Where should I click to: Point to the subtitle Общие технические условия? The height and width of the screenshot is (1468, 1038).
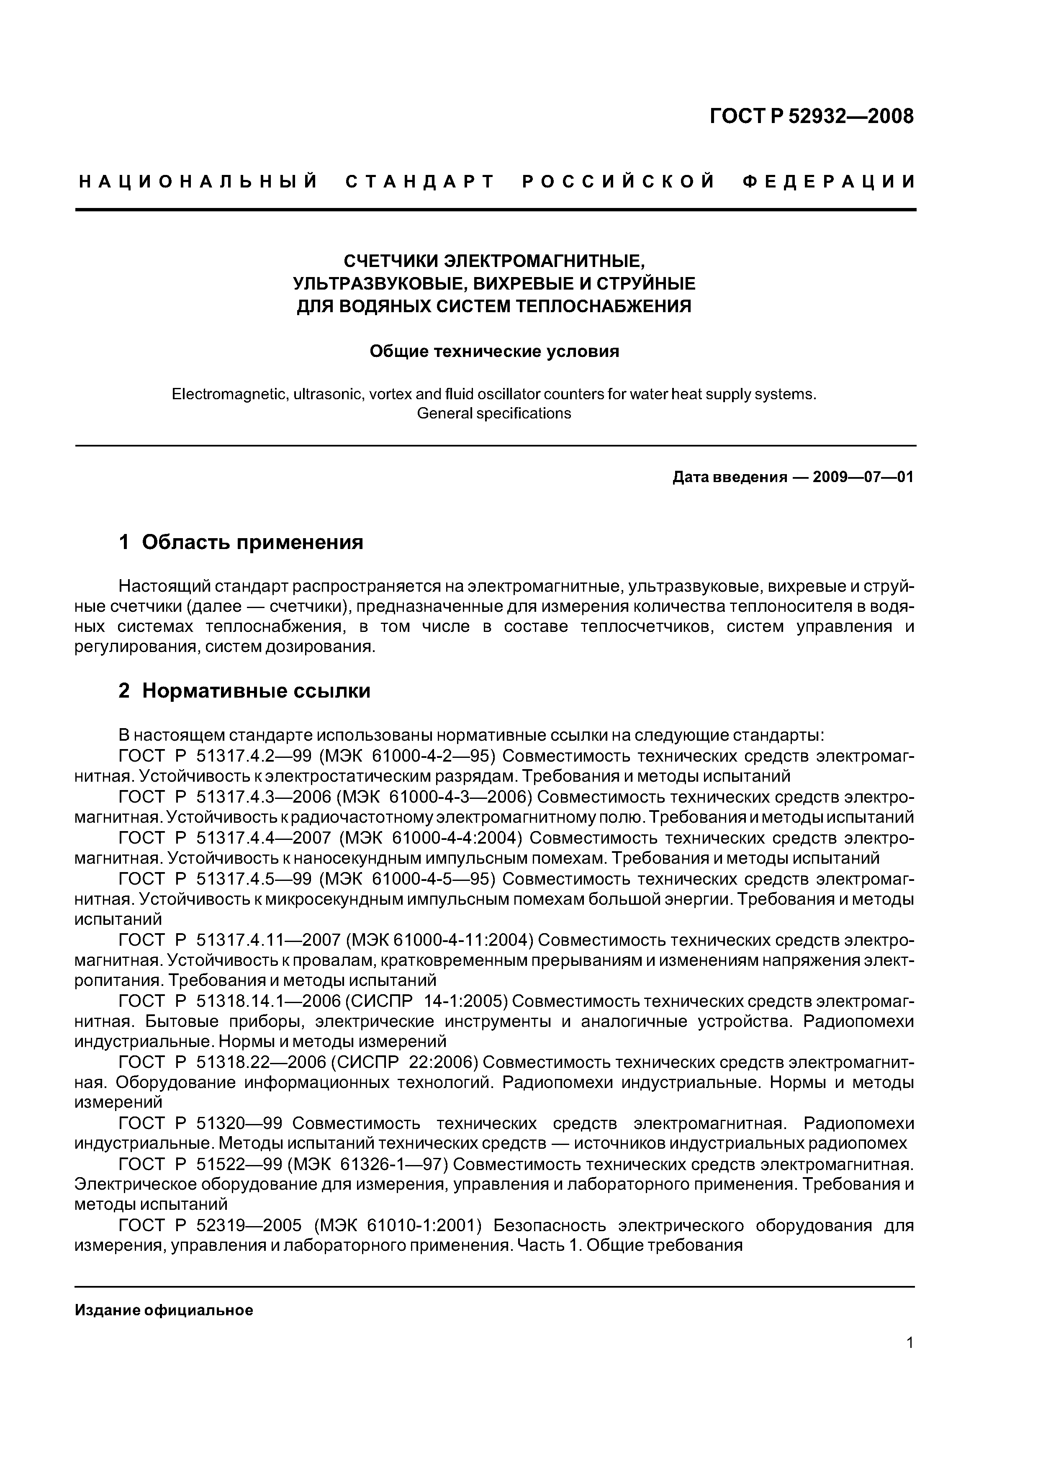494,352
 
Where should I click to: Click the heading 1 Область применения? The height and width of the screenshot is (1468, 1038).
241,542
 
